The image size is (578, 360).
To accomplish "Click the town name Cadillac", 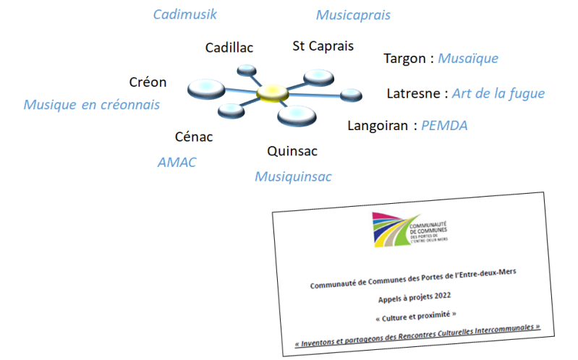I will (x=229, y=48).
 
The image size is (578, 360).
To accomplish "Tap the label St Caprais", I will (x=323, y=46).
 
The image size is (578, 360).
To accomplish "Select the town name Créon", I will (x=148, y=82).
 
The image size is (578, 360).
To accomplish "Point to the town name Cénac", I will (x=194, y=137).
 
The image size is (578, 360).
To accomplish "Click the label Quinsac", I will (x=292, y=151).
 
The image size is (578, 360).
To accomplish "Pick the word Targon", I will (x=404, y=59).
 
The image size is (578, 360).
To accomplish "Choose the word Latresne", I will (x=415, y=94).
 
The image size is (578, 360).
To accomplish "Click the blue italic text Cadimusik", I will (x=184, y=14).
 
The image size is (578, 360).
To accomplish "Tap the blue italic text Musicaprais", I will (x=353, y=15).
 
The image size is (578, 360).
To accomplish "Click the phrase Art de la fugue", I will (x=498, y=94).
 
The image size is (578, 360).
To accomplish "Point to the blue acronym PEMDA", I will (x=445, y=126).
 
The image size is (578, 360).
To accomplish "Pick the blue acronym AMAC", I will (x=177, y=163).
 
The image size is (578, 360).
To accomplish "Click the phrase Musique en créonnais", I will (x=92, y=106).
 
